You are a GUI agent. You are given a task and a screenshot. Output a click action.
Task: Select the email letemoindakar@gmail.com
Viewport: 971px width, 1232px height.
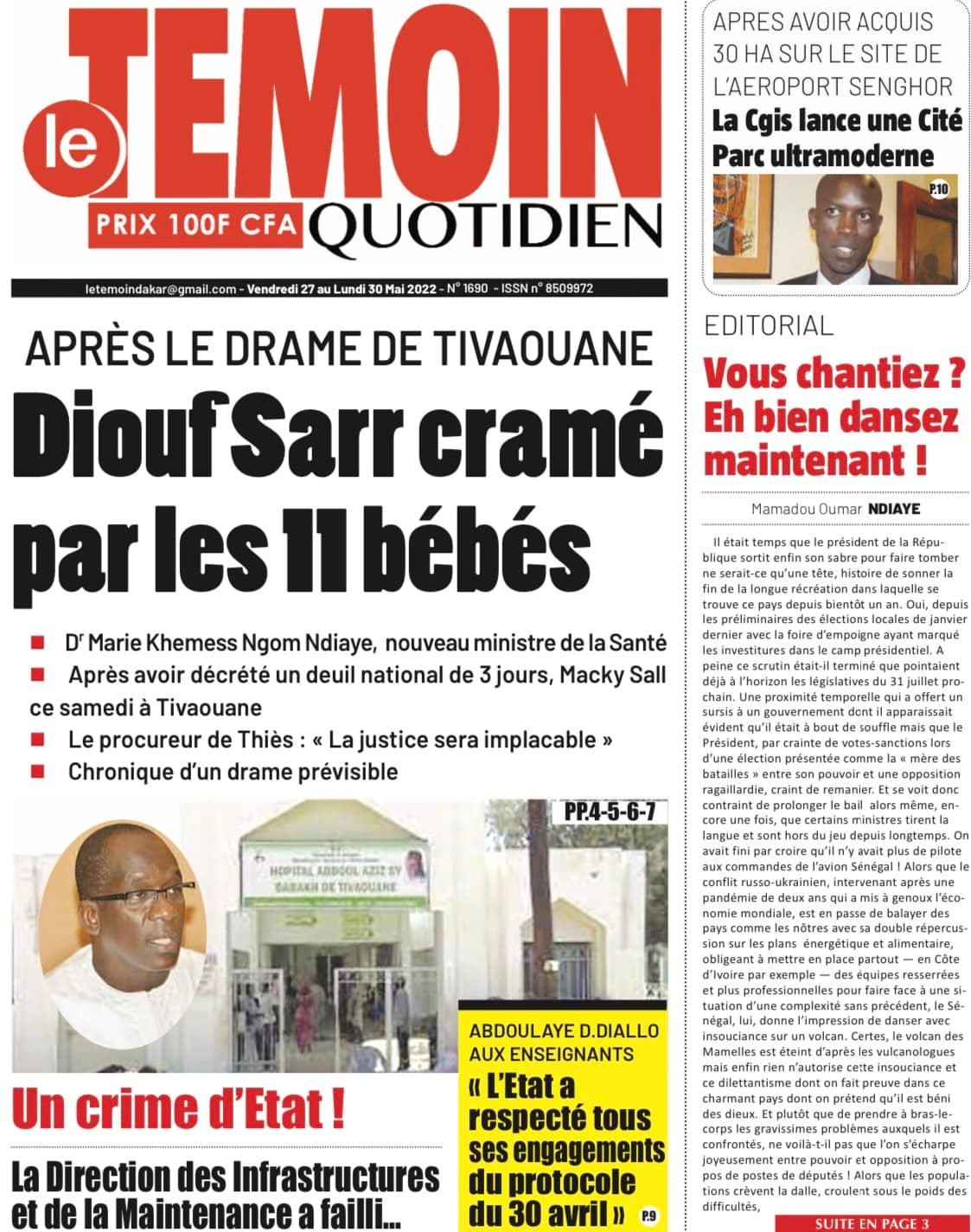pyautogui.click(x=161, y=289)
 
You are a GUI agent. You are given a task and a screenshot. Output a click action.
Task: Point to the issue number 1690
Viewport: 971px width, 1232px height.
pyautogui.click(x=476, y=289)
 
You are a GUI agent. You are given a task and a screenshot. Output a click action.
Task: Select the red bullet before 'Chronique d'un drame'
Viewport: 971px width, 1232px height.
pyautogui.click(x=37, y=770)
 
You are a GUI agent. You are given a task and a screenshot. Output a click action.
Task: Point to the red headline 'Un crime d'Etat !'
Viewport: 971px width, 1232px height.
pyautogui.click(x=179, y=1111)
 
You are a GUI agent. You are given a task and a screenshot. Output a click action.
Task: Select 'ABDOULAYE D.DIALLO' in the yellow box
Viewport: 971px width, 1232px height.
pyautogui.click(x=564, y=1031)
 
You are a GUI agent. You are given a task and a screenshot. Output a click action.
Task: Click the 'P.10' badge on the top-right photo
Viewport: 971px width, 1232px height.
pyautogui.click(x=939, y=189)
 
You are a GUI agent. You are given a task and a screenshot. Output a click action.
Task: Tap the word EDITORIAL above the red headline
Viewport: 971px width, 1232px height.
pyautogui.click(x=769, y=325)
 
